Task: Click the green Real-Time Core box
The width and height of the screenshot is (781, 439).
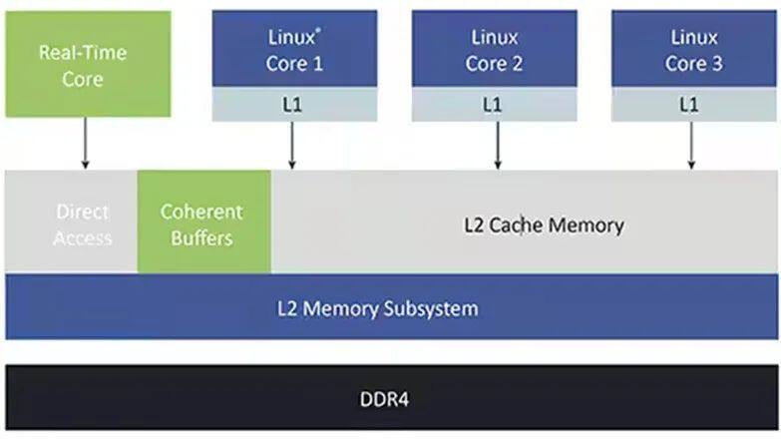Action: [84, 63]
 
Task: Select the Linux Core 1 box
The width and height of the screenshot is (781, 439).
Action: [294, 50]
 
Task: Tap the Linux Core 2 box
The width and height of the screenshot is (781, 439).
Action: [494, 50]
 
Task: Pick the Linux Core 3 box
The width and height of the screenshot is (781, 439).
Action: [693, 50]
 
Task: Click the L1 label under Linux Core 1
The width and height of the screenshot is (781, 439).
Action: [294, 104]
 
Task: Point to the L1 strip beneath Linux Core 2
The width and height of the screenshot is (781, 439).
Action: [494, 104]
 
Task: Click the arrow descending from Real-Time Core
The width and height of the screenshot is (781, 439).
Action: [84, 143]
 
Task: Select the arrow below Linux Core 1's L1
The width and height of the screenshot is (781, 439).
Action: [292, 145]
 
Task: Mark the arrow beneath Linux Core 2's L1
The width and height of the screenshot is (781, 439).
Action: [495, 145]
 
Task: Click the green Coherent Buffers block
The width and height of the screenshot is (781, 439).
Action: [202, 223]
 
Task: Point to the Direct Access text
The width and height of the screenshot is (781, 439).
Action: [84, 224]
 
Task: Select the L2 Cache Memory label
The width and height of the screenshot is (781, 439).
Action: [544, 224]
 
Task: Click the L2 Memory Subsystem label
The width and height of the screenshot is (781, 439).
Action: [377, 307]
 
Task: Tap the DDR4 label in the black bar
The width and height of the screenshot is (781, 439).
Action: [384, 401]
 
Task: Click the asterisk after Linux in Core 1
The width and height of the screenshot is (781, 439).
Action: [317, 31]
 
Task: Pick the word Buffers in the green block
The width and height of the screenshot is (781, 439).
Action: [202, 238]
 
